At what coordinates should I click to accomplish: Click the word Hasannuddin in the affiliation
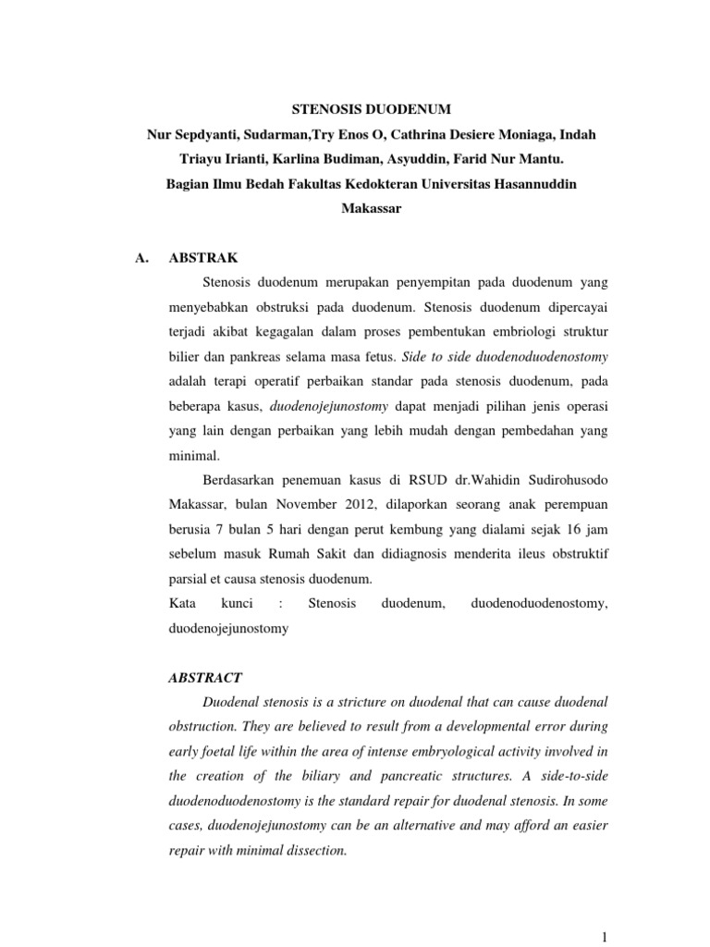[x=532, y=184]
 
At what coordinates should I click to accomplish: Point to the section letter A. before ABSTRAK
[x=142, y=260]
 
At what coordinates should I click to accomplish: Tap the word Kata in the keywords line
[x=183, y=604]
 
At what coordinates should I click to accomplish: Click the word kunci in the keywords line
[x=238, y=604]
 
